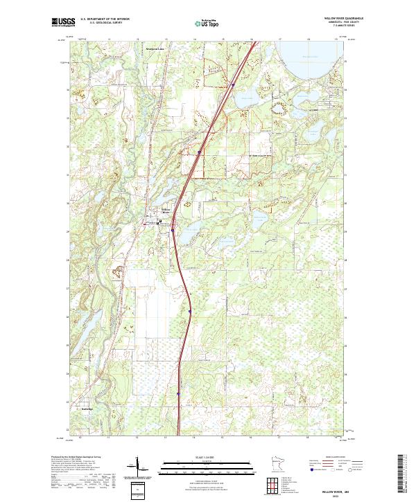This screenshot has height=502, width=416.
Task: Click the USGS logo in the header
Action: pos(63,22)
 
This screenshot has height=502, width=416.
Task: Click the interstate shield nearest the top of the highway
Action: pos(234,85)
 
